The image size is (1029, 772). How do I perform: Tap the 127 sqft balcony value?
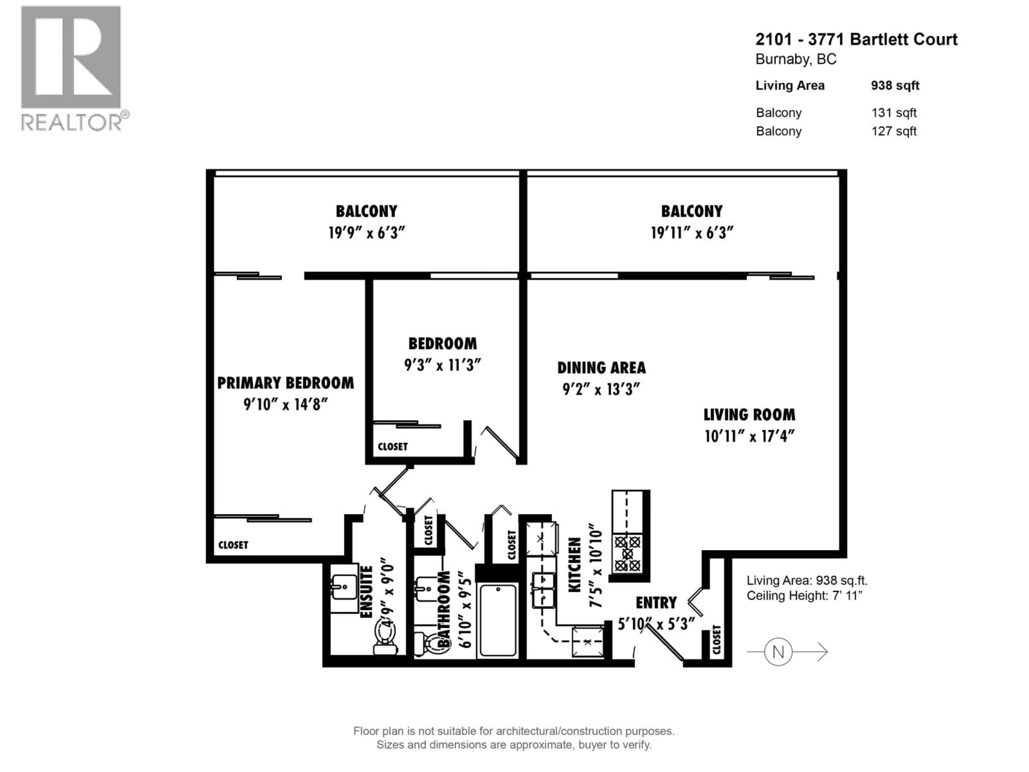point(894,131)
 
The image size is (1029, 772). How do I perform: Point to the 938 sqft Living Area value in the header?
point(895,86)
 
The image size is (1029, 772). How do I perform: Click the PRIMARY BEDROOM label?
point(285,383)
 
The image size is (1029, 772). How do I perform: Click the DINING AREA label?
point(601,368)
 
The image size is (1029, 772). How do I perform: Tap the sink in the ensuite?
point(344,587)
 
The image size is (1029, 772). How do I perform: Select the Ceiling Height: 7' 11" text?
point(804,596)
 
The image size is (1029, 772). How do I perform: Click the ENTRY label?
point(656,603)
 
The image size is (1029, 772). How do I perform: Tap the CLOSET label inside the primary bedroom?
point(233,545)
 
